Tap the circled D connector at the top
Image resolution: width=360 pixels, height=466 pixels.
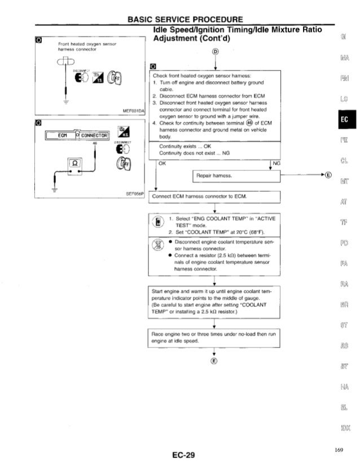214,54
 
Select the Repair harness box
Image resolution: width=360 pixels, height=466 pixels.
215,176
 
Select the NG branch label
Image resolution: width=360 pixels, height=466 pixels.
275,164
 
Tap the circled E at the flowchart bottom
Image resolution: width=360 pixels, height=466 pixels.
214,361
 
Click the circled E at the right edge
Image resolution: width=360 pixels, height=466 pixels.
328,174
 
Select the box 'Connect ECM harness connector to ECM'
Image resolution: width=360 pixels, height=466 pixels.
215,197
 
